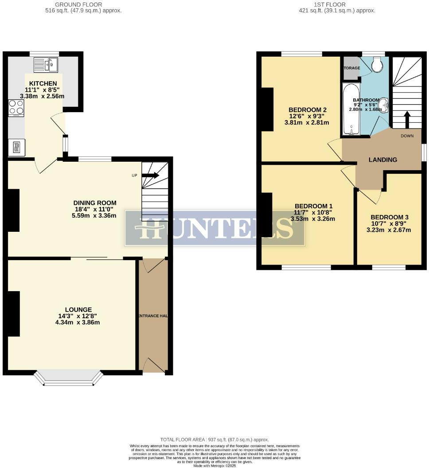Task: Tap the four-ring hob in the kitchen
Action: pos(16,108)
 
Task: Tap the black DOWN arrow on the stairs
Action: pos(407,119)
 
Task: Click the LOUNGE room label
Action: pos(78,309)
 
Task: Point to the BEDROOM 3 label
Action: pos(390,217)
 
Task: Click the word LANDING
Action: pos(383,160)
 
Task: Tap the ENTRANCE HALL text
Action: pos(153,316)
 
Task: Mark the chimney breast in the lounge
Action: pos(14,313)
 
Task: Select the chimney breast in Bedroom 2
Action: pos(267,109)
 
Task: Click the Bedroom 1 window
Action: pos(306,267)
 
